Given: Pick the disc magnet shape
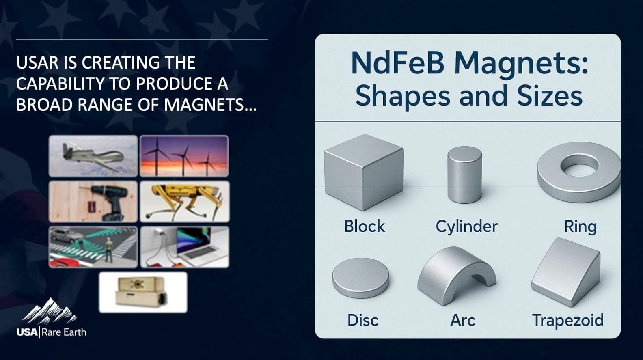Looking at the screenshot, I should coord(360,279).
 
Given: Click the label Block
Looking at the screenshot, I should coord(364,226).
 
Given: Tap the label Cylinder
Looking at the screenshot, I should coord(466,226).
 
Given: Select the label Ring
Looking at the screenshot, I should coord(580,226).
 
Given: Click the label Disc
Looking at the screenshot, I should coord(363,320).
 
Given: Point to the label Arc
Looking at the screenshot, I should coord(462,320).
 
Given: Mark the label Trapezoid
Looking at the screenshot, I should coord(567,320).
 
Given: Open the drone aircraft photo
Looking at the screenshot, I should coord(93,156).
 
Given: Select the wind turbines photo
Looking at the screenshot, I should coord(184,156).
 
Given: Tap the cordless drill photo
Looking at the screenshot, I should coord(93,202).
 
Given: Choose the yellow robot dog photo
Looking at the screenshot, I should coord(184,202).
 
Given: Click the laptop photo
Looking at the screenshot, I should coord(184,247).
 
